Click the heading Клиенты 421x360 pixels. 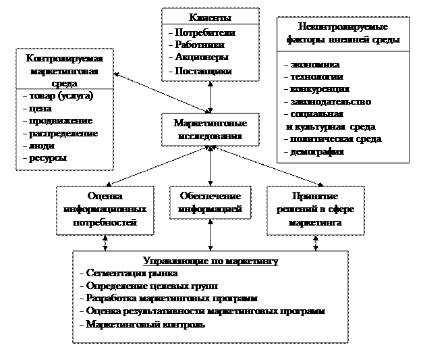210,18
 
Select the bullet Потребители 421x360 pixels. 205,32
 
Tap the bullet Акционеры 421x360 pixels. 201,57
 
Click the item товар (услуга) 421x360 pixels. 61,97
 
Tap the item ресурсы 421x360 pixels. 47,159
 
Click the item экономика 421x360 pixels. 314,65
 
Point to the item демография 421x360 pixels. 317,152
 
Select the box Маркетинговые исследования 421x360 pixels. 210,129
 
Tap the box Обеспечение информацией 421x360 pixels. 210,203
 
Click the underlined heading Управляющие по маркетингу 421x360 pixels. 210,261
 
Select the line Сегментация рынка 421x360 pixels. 132,274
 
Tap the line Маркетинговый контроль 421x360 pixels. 146,324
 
